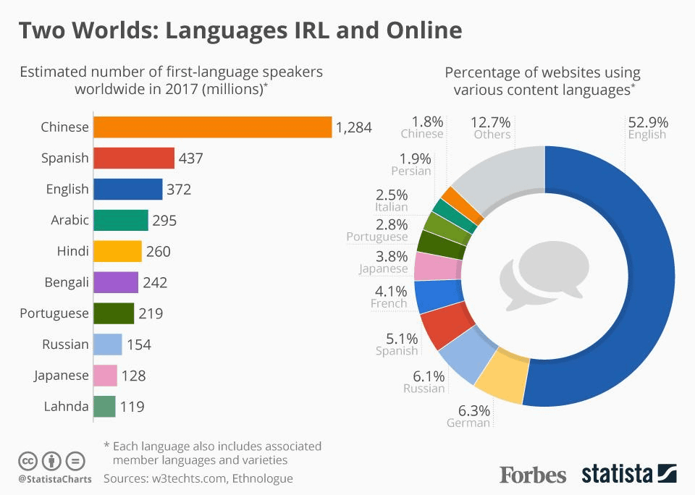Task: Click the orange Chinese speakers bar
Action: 213,127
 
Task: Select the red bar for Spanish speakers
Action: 134,158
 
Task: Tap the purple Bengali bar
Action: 116,282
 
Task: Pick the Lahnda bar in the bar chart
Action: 104,407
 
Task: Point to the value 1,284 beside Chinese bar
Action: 353,128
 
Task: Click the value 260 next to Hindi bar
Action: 159,252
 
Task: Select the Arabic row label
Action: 69,221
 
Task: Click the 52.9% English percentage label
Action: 648,122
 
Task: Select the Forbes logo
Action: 533,475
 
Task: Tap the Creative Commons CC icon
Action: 28,460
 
